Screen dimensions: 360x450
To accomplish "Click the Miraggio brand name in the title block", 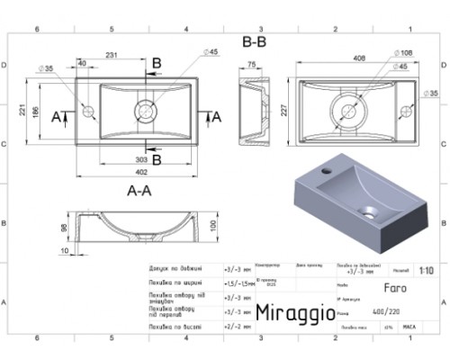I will tap(296, 311).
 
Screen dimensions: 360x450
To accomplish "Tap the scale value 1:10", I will tap(426, 269).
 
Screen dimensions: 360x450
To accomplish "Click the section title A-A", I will tap(139, 191).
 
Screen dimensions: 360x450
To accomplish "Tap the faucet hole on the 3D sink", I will tap(326, 169).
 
